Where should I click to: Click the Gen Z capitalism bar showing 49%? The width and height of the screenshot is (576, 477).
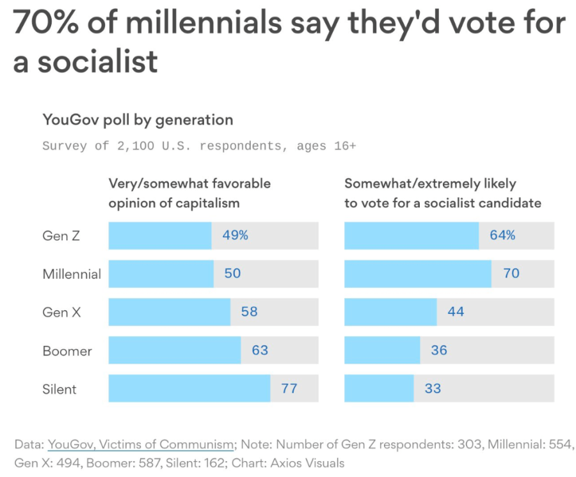pyautogui.click(x=160, y=235)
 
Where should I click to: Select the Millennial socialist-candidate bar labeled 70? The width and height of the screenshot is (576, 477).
pyautogui.click(x=417, y=274)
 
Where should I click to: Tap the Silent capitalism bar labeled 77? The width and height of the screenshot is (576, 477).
pyautogui.click(x=189, y=388)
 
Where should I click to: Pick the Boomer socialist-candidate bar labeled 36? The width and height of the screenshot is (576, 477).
pyautogui.click(x=382, y=350)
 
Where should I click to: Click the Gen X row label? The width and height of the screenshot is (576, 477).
pyautogui.click(x=62, y=312)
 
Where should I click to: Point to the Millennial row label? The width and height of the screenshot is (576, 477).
pyautogui.click(x=72, y=274)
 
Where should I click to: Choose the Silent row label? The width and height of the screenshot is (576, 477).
pyautogui.click(x=59, y=389)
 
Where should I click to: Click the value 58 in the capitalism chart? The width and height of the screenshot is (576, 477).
pyautogui.click(x=249, y=312)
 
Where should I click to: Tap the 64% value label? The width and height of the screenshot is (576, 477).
pyautogui.click(x=502, y=235)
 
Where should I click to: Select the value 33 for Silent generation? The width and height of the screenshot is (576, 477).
pyautogui.click(x=433, y=388)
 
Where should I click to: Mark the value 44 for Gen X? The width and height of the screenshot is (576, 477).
pyautogui.click(x=456, y=312)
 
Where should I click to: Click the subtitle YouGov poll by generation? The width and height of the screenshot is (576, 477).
pyautogui.click(x=138, y=120)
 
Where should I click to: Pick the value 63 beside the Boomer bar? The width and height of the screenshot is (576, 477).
pyautogui.click(x=260, y=350)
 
